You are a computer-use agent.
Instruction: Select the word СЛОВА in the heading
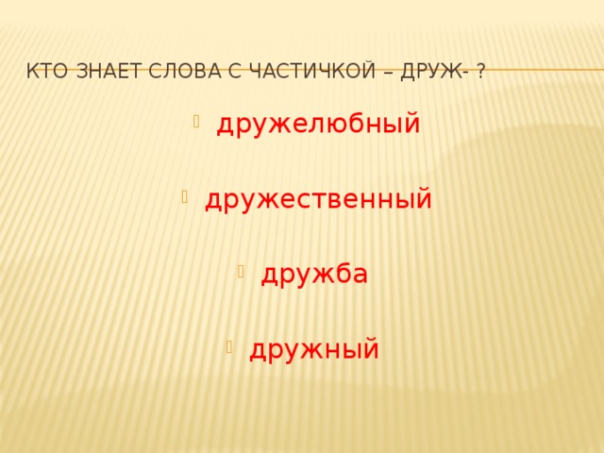pyautogui.click(x=188, y=70)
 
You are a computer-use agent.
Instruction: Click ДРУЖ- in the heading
pyautogui.click(x=437, y=70)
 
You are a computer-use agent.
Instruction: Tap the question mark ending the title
pyautogui.click(x=481, y=70)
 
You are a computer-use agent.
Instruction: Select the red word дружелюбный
pyautogui.click(x=319, y=125)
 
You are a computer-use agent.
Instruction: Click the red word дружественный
pyautogui.click(x=319, y=199)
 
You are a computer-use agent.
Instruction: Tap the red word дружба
pyautogui.click(x=314, y=274)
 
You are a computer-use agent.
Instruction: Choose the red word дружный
pyautogui.click(x=314, y=349)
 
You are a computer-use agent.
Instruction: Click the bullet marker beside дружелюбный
pyautogui.click(x=195, y=121)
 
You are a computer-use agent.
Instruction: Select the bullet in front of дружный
pyautogui.click(x=229, y=345)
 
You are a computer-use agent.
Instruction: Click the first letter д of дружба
pyautogui.click(x=268, y=276)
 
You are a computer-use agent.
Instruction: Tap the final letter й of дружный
pyautogui.click(x=371, y=347)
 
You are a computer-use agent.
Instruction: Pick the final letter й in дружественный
pyautogui.click(x=424, y=198)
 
